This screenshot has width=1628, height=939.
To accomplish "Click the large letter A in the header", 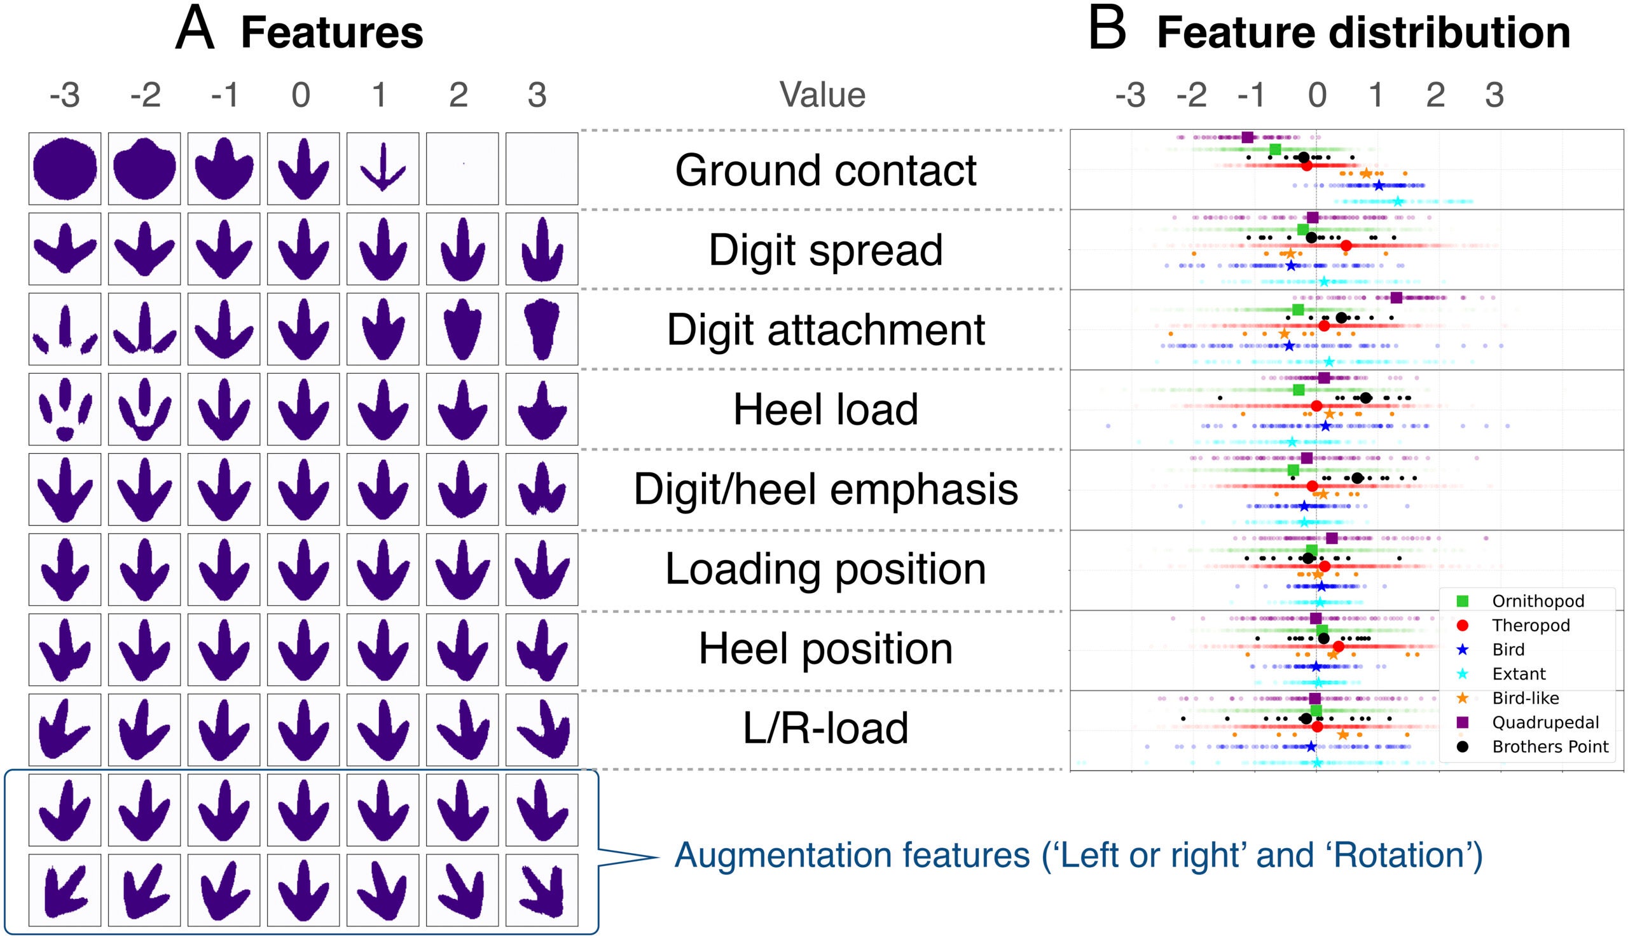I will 195,31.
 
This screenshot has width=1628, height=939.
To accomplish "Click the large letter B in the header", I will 1107,31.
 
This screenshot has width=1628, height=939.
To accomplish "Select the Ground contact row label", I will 825,170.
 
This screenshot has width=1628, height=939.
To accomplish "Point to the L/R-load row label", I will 825,728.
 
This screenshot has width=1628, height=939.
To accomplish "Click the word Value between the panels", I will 822,95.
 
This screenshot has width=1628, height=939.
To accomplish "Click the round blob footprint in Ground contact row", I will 64,168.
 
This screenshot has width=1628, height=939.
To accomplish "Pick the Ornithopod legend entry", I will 1538,601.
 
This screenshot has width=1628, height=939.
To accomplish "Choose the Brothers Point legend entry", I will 1549,747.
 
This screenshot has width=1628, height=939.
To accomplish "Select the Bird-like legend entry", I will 1525,699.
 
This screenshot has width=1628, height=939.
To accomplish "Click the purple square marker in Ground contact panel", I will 1248,137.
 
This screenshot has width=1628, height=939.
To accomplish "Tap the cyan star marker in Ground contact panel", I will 1398,201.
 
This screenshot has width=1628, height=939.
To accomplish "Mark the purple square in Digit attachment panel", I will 1397,298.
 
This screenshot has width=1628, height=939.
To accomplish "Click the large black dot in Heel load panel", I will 1365,398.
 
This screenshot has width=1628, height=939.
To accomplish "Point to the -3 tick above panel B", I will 1131,95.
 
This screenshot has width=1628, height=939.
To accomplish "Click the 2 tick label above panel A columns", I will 459,95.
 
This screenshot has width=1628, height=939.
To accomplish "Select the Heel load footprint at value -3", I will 64,409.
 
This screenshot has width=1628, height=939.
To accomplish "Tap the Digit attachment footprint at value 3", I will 542,329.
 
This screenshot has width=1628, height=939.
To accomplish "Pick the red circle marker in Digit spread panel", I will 1346,245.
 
